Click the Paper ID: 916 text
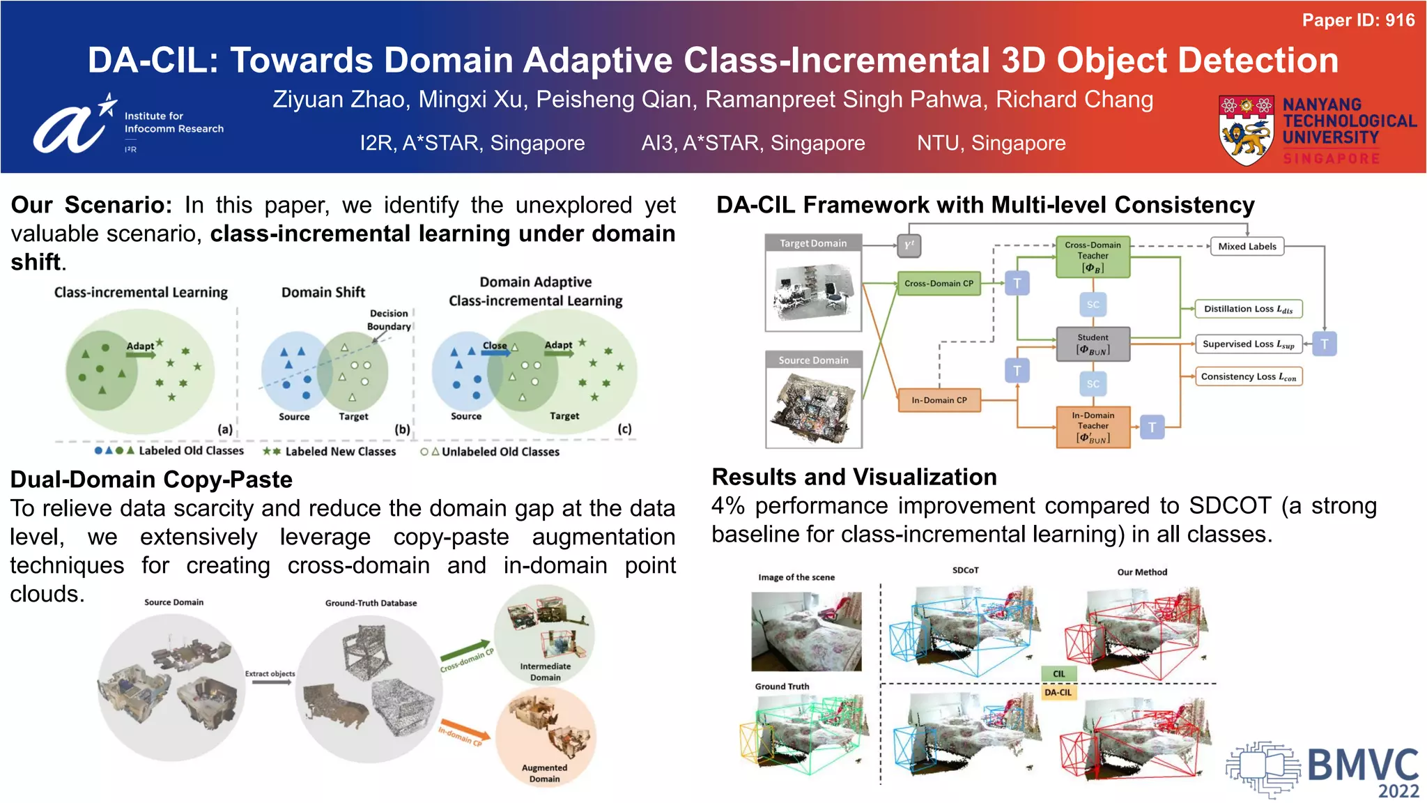tap(1358, 20)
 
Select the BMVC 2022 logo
tap(1322, 770)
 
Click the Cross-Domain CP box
tap(939, 284)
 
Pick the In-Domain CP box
tap(939, 400)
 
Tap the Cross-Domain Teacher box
tap(1093, 257)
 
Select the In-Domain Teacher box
tap(1093, 427)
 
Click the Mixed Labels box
tap(1247, 247)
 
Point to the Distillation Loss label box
tap(1247, 309)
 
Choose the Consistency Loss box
tap(1248, 376)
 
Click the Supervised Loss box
tap(1248, 344)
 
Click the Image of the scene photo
tap(806, 632)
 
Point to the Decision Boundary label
tap(389, 320)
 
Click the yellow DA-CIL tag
tap(1058, 692)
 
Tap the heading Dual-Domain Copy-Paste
tap(151, 480)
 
